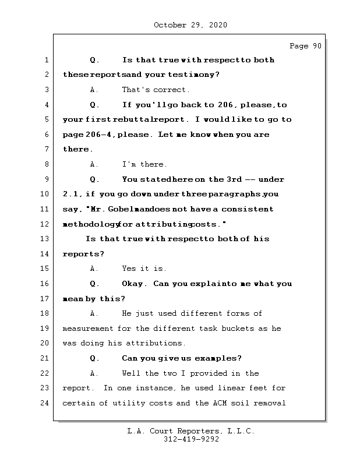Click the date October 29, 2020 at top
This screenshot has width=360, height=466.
pyautogui.click(x=190, y=25)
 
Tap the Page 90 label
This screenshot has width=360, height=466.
pyautogui.click(x=305, y=47)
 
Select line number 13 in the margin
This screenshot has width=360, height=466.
pyautogui.click(x=46, y=239)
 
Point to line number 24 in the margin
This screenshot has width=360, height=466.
pyautogui.click(x=46, y=403)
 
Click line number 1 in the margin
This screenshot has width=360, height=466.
pyautogui.click(x=46, y=60)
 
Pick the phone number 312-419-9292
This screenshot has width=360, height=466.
pyautogui.click(x=190, y=440)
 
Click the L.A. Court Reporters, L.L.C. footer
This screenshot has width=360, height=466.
pyautogui.click(x=190, y=431)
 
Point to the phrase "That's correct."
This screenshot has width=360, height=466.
pyautogui.click(x=156, y=90)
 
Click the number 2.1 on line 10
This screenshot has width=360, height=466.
pyautogui.click(x=72, y=194)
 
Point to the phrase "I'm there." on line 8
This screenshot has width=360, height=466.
pyautogui.click(x=144, y=164)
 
